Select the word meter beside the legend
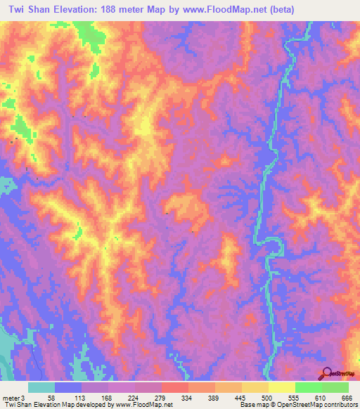(x=12, y=398)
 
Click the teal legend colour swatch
(x=41, y=387)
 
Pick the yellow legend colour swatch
(x=281, y=387)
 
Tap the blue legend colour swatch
(x=68, y=387)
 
